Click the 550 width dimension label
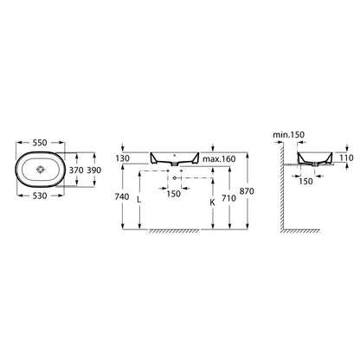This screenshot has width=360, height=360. [40, 143]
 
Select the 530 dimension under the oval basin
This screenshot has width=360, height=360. [40, 196]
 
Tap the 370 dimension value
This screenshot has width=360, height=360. [76, 170]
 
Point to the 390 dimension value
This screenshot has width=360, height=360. [94, 170]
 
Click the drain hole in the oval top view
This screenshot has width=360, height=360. [40, 170]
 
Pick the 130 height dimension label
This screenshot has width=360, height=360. [122, 158]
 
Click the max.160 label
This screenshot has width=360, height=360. [219, 159]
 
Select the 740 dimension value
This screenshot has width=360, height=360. [122, 196]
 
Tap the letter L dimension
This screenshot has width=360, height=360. [139, 200]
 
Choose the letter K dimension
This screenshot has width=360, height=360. [212, 202]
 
